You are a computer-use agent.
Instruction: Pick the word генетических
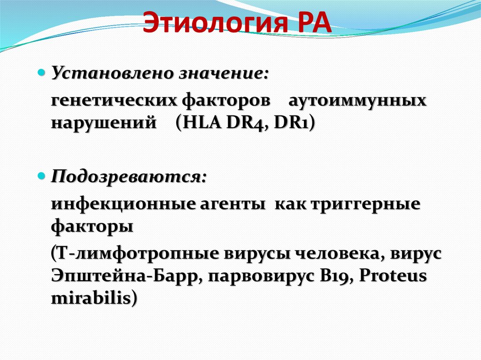(108, 101)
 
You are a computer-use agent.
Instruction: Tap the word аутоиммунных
(357, 101)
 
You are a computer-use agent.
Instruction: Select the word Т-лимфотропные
(133, 254)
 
